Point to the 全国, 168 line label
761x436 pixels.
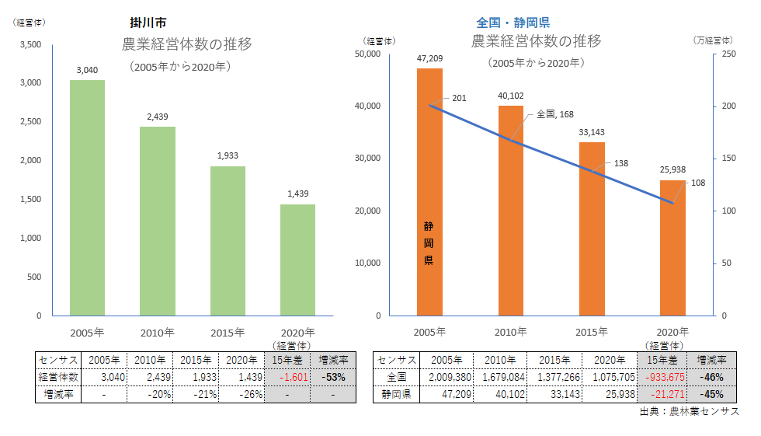(554, 114)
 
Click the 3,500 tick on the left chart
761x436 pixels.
(30, 44)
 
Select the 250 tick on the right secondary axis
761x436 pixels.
(728, 54)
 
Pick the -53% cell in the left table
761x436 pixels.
(333, 376)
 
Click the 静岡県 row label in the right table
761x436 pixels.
(396, 394)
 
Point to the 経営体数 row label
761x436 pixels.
(58, 376)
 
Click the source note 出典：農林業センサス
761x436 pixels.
(689, 411)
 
